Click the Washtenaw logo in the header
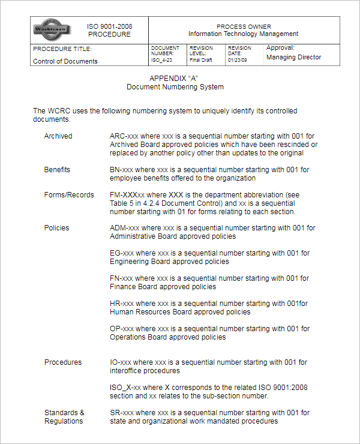[52, 29]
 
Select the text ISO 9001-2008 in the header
[110, 26]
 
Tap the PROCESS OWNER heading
[244, 26]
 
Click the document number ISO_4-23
[162, 60]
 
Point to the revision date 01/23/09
[238, 60]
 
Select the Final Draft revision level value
[200, 60]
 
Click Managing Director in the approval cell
[293, 58]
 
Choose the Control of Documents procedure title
[65, 61]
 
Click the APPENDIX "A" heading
[173, 79]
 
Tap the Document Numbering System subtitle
[175, 87]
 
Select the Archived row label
[58, 136]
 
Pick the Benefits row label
[57, 170]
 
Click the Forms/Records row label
[69, 195]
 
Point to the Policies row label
[56, 228]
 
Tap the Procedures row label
[63, 362]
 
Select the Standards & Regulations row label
[64, 417]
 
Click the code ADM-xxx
[125, 228]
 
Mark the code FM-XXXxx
[127, 195]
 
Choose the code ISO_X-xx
[126, 388]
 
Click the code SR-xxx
[122, 413]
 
